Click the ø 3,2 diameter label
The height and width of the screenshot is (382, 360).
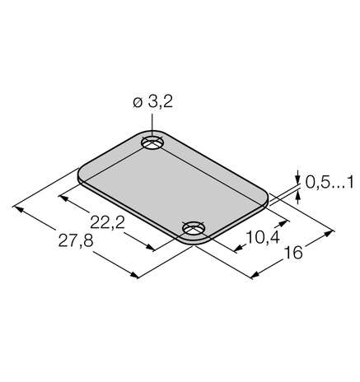tap(153, 102)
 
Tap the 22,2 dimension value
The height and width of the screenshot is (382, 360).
tap(108, 222)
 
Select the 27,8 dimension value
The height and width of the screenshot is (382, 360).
tap(76, 241)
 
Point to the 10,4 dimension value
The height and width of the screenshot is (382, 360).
tap(263, 237)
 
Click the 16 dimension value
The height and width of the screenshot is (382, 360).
tap(293, 253)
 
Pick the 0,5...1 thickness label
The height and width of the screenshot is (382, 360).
tap(330, 183)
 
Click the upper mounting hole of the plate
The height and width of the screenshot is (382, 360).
tap(152, 142)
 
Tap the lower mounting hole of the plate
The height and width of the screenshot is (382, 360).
tap(194, 228)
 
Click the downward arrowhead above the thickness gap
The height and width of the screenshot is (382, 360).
tap(297, 179)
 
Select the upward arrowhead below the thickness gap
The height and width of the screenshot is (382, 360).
tap(297, 197)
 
